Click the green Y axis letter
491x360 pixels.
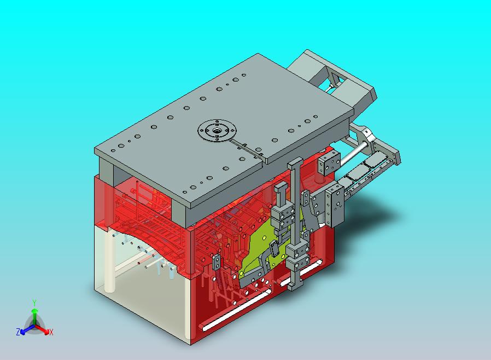click(x=34, y=303)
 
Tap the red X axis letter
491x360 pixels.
click(x=51, y=332)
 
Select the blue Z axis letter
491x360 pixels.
click(x=18, y=332)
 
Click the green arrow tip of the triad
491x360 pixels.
click(x=34, y=311)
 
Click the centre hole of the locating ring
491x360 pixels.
click(x=217, y=130)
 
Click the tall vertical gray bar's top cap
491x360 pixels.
click(x=295, y=162)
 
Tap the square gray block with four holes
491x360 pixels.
click(x=329, y=162)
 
